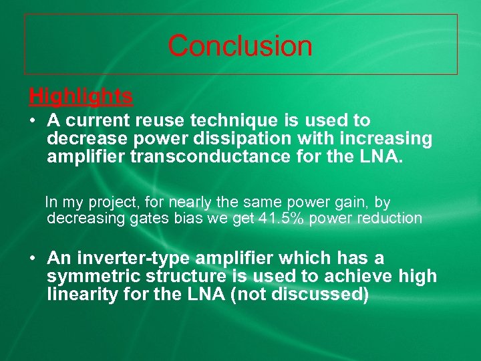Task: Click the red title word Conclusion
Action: (x=240, y=45)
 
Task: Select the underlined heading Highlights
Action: (x=80, y=97)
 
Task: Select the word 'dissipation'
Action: (x=250, y=138)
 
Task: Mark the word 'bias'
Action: (x=191, y=219)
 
